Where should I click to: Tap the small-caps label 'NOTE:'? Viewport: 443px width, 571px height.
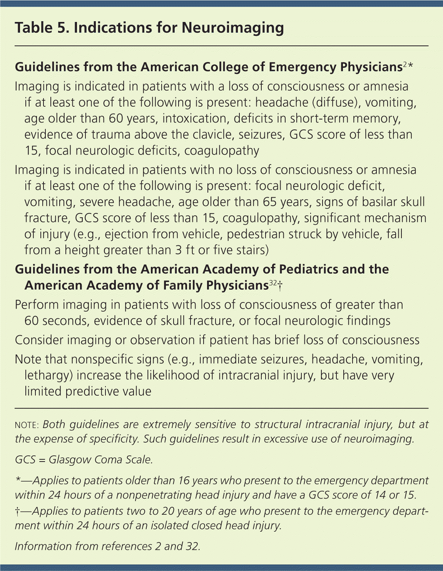coord(27,425)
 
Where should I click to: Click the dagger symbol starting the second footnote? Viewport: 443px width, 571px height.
coord(17,511)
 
